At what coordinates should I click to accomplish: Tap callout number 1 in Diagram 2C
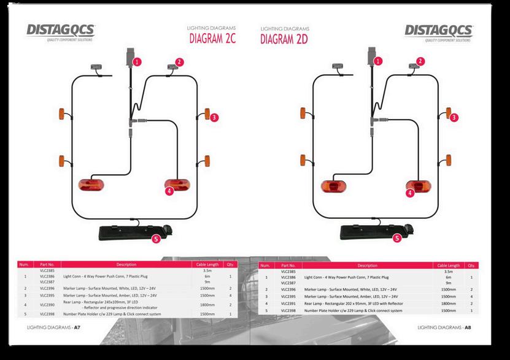pyautogui.click(x=137, y=61)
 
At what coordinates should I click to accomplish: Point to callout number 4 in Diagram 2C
pyautogui.click(x=169, y=191)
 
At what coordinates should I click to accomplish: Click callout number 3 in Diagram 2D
pyautogui.click(x=454, y=117)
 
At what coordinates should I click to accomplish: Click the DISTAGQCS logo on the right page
pyautogui.click(x=438, y=31)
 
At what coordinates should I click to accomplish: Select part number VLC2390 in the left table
pyautogui.click(x=47, y=304)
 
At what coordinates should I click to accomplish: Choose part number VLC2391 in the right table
pyautogui.click(x=288, y=304)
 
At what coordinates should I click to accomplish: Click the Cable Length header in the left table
pyautogui.click(x=207, y=264)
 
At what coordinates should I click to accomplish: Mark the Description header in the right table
pyautogui.click(x=367, y=266)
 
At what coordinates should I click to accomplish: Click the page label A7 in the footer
pyautogui.click(x=77, y=328)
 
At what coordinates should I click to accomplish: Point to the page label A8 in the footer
pyautogui.click(x=468, y=328)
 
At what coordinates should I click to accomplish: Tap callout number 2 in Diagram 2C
pyautogui.click(x=179, y=61)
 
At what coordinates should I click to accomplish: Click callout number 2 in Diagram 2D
pyautogui.click(x=420, y=61)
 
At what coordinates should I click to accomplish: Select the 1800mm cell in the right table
pyautogui.click(x=448, y=304)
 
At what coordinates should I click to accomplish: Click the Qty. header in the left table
pyautogui.click(x=230, y=264)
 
